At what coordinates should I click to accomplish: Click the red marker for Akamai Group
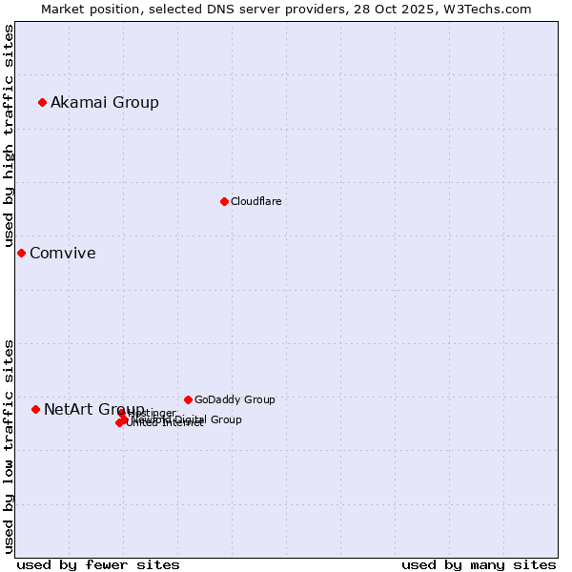(x=42, y=102)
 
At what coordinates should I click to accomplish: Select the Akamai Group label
(x=105, y=102)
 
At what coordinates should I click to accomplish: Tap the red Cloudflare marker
(x=224, y=201)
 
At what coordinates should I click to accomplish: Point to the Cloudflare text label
(x=255, y=201)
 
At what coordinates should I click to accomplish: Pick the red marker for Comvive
(x=21, y=253)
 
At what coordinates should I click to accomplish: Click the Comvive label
(x=63, y=253)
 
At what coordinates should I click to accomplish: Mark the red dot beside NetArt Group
(x=35, y=409)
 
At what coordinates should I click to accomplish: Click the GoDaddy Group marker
(x=188, y=399)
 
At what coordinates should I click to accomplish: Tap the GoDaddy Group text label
(x=235, y=399)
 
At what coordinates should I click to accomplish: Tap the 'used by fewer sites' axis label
(x=98, y=564)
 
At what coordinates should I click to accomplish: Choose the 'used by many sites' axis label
(x=479, y=564)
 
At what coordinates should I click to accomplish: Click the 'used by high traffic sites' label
(x=9, y=135)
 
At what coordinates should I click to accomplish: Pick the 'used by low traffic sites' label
(x=9, y=445)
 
